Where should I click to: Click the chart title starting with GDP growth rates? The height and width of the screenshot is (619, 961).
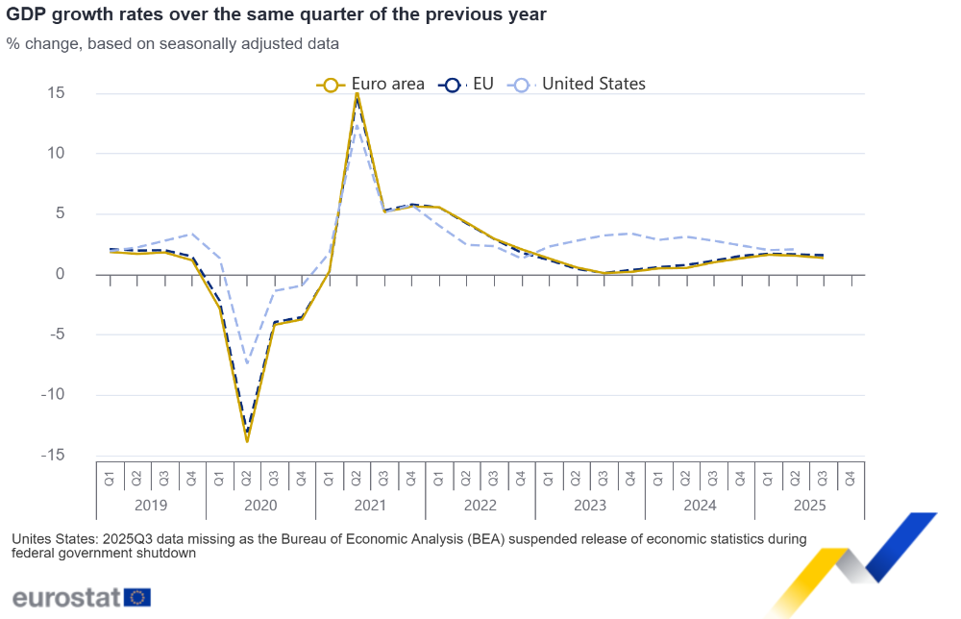pos(278,15)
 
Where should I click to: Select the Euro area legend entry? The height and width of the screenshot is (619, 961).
pos(371,85)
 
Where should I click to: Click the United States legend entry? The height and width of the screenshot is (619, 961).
pos(579,85)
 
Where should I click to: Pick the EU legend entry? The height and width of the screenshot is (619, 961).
pos(467,85)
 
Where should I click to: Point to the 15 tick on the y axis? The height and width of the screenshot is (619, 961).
pos(55,93)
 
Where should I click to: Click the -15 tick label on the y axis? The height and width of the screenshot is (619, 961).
pos(52,456)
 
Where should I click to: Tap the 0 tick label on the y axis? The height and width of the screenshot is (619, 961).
pos(60,274)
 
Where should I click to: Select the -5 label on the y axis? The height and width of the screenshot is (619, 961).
pos(55,334)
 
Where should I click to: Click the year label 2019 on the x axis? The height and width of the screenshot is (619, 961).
pos(151,505)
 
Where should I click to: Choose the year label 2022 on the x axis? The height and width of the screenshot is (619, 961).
pos(480,505)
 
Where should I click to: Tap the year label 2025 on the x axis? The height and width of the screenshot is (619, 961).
pos(809,505)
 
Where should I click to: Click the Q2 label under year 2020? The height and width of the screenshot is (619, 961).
pos(247,476)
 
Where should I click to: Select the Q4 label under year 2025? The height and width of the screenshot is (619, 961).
pos(850,476)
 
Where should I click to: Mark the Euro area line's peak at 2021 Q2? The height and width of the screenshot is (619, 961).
pos(357,93)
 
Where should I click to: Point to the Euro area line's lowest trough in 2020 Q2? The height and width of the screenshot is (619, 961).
pos(247,441)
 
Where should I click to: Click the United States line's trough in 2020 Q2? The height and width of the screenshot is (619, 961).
pos(247,363)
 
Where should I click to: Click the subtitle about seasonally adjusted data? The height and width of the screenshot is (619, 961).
pos(172,44)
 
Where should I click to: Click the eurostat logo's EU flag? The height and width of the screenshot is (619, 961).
pos(137,597)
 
